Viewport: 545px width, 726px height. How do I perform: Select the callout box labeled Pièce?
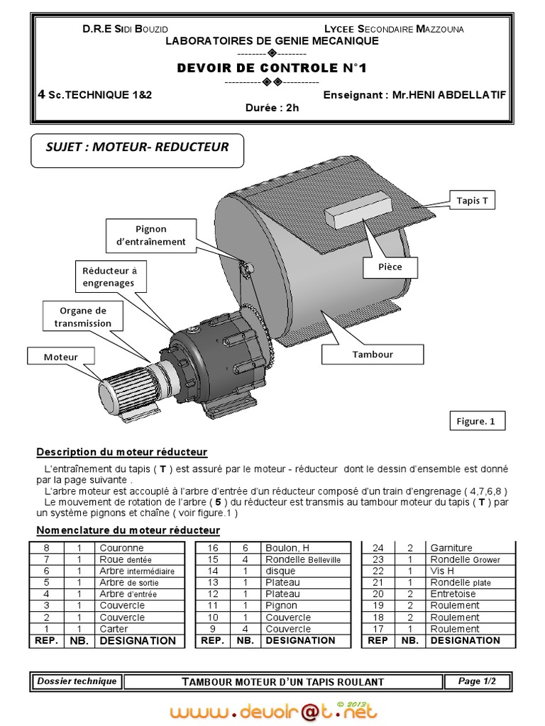(390, 267)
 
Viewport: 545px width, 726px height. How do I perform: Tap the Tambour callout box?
(372, 354)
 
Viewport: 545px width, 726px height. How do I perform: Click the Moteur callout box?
(61, 357)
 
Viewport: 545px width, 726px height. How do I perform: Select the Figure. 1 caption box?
(475, 421)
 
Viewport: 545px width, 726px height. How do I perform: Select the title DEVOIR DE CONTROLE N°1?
(272, 68)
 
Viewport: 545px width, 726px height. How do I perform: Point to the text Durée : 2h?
(272, 108)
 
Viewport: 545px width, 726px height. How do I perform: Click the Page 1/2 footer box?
(477, 681)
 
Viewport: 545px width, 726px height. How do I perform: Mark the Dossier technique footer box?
(77, 681)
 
